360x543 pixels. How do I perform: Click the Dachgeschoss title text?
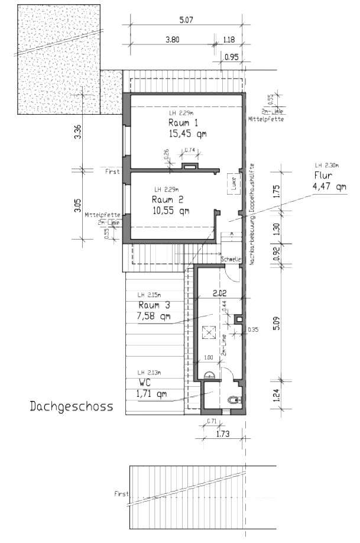70,407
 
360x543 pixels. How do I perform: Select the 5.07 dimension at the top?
187,20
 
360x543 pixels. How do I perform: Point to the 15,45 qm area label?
187,134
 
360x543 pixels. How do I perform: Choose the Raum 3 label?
154,305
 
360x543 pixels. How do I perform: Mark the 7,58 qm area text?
154,316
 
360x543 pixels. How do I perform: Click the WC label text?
143,383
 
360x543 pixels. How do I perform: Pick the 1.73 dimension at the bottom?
222,435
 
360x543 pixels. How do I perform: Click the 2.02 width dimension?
218,292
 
